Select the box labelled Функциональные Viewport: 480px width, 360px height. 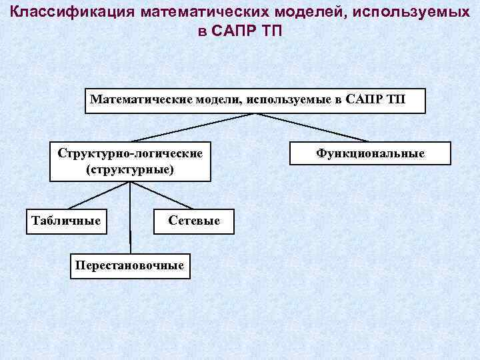(x=370, y=153)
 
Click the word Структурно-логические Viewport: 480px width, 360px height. (x=130, y=154)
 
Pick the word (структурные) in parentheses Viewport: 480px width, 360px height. (x=130, y=169)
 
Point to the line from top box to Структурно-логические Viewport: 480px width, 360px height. (x=193, y=127)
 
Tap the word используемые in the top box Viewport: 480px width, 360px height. (x=292, y=100)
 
